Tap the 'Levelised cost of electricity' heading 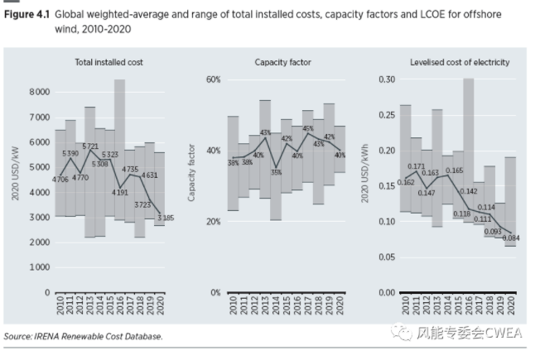point(459,63)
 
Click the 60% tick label point(213,79)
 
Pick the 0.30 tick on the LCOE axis point(387,79)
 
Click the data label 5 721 point(89,146)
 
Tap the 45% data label point(308,128)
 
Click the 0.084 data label point(508,238)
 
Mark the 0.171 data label point(416,166)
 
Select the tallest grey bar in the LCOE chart point(468,149)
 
